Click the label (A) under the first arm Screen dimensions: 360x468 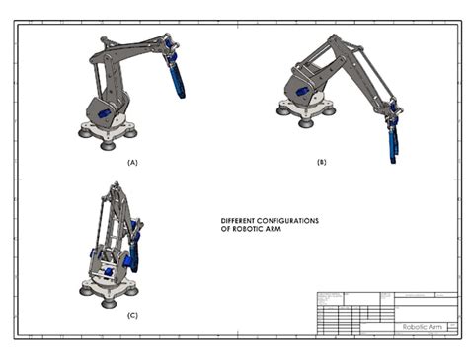133,160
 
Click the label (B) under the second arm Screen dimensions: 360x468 321,160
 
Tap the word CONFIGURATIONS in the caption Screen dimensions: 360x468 292,220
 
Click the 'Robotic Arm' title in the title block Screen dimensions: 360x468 422,326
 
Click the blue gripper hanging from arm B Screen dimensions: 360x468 393,137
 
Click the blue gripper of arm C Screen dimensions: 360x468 135,258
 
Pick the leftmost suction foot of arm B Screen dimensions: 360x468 283,111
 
